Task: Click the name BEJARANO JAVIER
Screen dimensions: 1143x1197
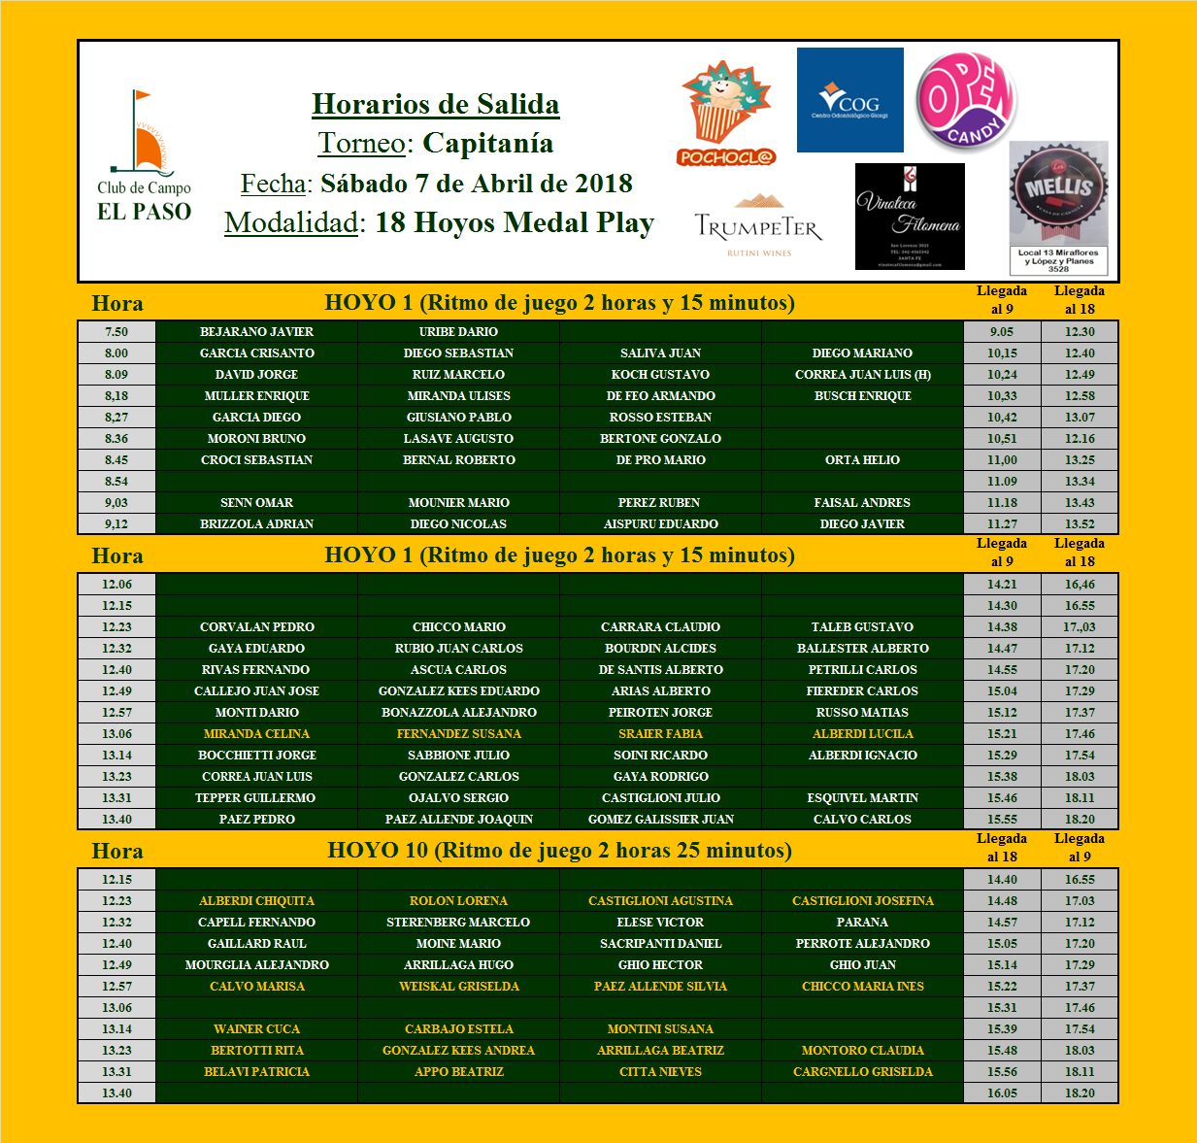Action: [x=256, y=332]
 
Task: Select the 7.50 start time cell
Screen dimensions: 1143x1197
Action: [x=116, y=332]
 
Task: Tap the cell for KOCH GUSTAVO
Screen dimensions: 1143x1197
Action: [x=660, y=375]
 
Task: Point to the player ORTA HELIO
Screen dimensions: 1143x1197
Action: [x=862, y=460]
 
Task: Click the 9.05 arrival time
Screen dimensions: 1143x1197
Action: [x=1002, y=332]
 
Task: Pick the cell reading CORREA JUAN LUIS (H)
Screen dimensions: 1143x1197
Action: [x=862, y=375]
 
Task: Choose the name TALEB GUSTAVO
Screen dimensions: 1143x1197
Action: [x=862, y=627]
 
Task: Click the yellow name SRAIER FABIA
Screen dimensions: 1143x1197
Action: [x=660, y=734]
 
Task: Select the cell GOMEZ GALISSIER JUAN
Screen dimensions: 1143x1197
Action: [x=660, y=820]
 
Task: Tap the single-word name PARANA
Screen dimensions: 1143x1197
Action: [x=862, y=923]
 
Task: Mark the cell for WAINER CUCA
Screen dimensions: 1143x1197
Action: [x=256, y=1029]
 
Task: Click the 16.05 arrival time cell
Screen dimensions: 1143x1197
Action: [x=1002, y=1093]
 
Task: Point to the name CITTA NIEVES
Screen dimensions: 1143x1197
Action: [x=660, y=1072]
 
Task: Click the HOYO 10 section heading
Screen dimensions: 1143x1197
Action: [x=559, y=851]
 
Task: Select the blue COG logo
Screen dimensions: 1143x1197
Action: [x=849, y=100]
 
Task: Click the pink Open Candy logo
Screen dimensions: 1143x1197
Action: [x=966, y=101]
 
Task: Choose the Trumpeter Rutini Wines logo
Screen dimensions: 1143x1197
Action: [x=758, y=225]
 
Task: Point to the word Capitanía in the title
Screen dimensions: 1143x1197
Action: [x=488, y=144]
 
